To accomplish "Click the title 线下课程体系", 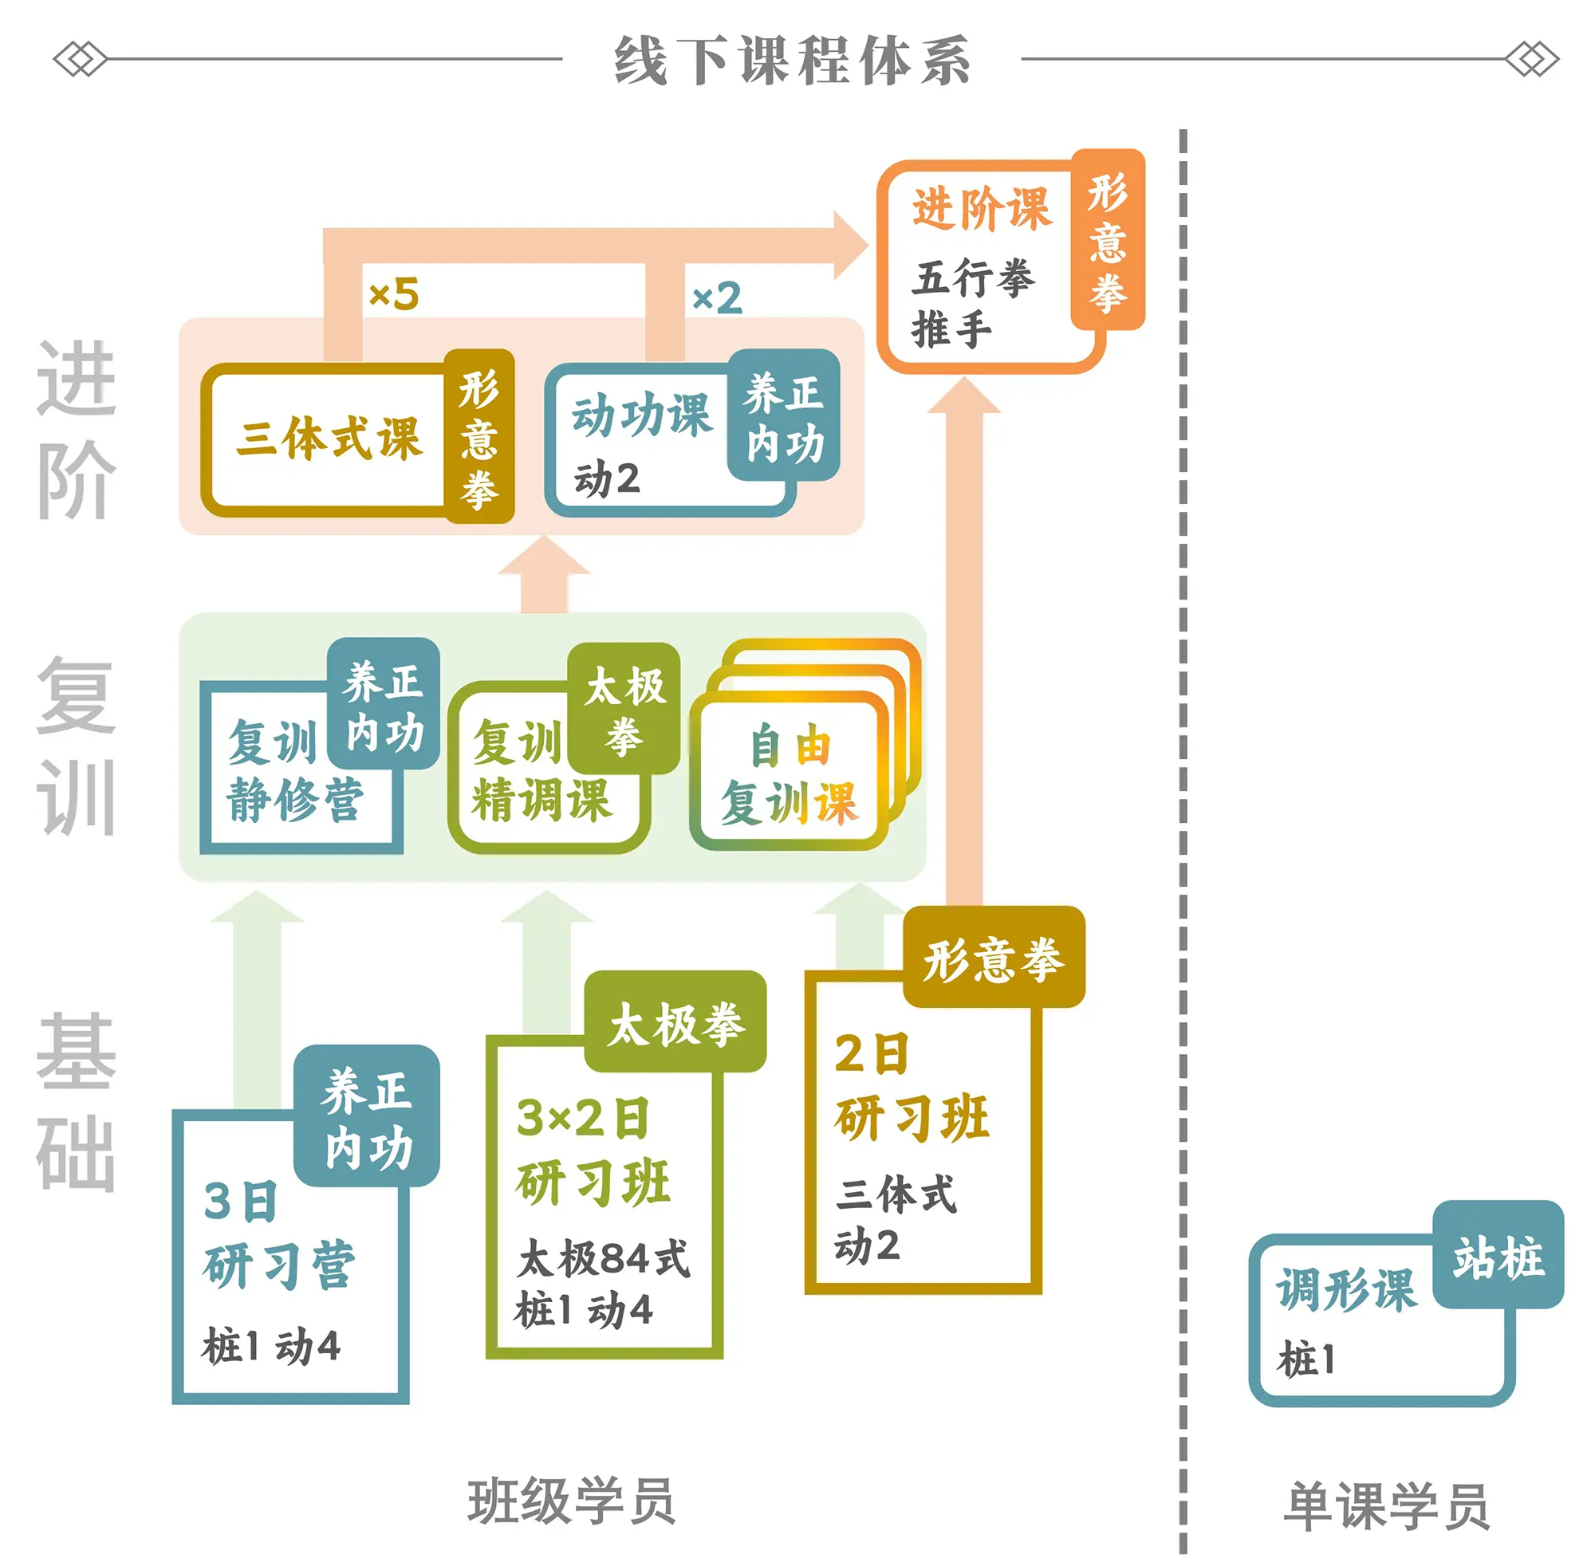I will click(x=791, y=60).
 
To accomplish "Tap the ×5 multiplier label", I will click(x=394, y=294).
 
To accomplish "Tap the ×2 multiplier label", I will click(x=716, y=297).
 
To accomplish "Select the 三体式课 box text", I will click(x=329, y=438).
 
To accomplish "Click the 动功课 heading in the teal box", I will click(x=641, y=415).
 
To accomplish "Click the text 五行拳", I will click(x=972, y=278).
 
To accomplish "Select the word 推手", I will click(x=951, y=330).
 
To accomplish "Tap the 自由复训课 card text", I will click(x=790, y=775).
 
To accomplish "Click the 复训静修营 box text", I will click(x=293, y=772).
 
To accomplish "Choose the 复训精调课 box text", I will click(x=541, y=772).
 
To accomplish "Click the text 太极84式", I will click(x=603, y=1259).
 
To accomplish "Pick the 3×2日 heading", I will click(x=582, y=1119).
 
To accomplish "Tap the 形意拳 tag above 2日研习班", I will click(x=993, y=959).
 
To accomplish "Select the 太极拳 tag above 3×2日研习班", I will click(x=675, y=1025).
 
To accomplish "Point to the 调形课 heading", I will click(x=1345, y=1289).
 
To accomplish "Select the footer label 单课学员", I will click(x=1386, y=1506).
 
